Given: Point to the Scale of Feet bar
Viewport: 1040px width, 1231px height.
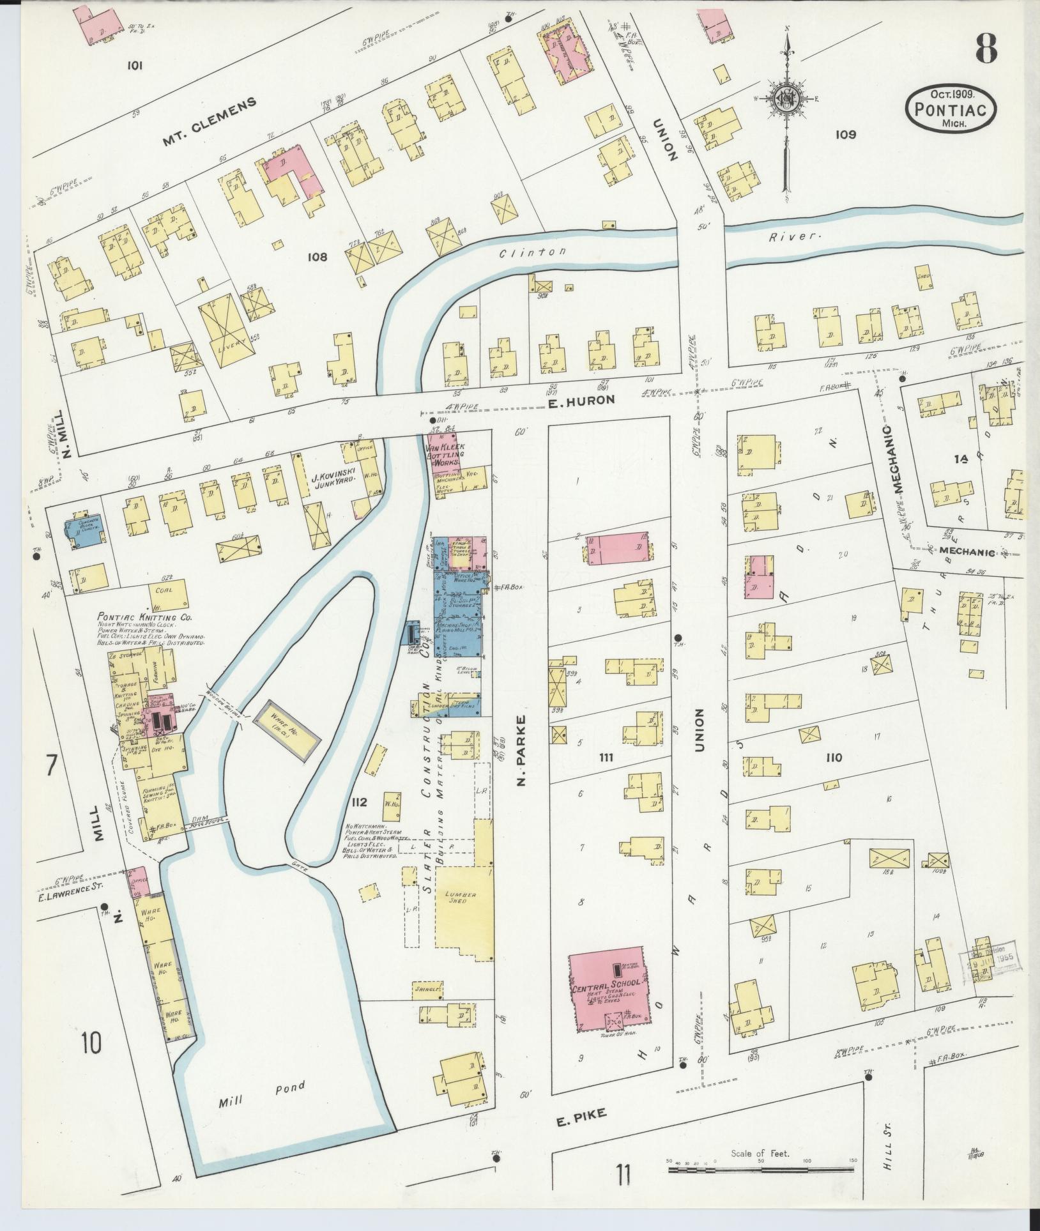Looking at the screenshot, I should pyautogui.click(x=760, y=1170).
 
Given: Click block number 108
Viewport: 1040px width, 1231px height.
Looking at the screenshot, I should pyautogui.click(x=317, y=257).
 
